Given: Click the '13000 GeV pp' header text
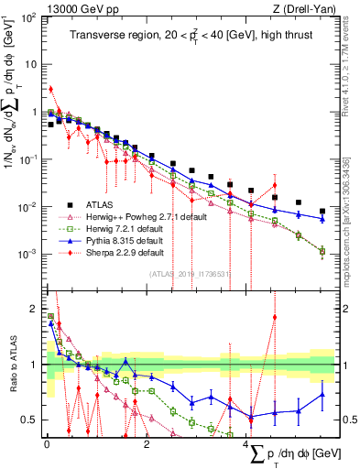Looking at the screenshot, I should [72, 8].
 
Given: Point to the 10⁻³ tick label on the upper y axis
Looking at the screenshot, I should [27, 254].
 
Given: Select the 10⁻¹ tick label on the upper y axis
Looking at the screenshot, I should [27, 159].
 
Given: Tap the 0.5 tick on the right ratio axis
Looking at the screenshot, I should [348, 420].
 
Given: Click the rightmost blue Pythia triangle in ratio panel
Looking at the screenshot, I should [322, 396].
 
